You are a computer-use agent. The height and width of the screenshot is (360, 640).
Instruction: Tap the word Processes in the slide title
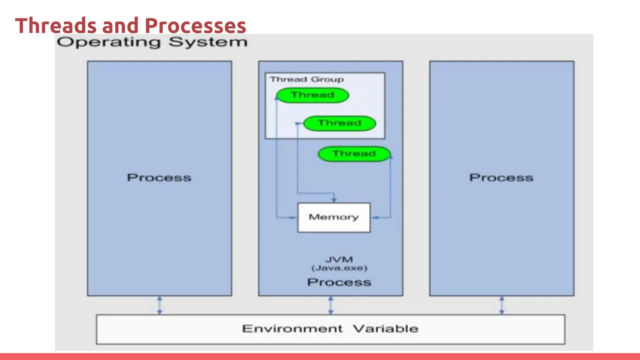(195, 26)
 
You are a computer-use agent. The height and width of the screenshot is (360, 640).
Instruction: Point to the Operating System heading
(152, 42)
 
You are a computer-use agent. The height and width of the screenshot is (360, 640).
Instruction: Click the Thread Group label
(307, 79)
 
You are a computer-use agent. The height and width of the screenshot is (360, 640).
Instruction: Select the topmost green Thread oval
(312, 95)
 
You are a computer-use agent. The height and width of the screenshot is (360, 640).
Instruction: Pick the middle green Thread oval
(339, 123)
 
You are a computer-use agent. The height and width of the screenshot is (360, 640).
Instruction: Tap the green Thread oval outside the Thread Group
(354, 154)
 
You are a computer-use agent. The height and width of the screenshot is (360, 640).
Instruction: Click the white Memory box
(334, 217)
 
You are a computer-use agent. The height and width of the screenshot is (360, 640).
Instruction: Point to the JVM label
(339, 259)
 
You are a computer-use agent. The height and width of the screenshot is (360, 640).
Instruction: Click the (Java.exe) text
(339, 268)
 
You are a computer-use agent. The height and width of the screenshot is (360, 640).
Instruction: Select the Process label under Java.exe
(339, 282)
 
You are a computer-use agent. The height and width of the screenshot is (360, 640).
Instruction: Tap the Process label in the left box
(159, 177)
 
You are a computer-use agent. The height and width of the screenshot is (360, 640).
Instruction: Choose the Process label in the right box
(501, 177)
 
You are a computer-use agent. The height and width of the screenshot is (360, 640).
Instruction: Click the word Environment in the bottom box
(292, 329)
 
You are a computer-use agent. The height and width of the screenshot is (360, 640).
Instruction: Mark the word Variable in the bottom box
(386, 329)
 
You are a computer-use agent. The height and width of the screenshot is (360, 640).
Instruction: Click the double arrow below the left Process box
(159, 305)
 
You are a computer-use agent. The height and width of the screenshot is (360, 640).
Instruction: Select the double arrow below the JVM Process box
(331, 305)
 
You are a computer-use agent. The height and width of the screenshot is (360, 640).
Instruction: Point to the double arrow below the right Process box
(502, 305)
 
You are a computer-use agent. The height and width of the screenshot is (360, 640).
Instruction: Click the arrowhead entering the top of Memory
(334, 200)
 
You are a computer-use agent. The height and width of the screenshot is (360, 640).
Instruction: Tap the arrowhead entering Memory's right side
(375, 217)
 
